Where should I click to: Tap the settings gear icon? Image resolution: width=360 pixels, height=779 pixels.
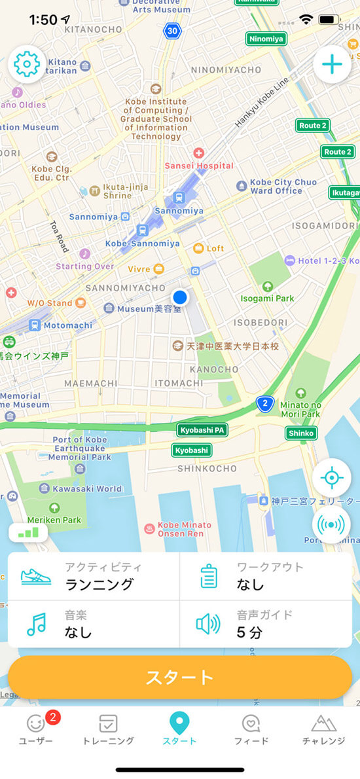tap(26, 65)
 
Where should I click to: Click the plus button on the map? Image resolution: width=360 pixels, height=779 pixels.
tap(332, 65)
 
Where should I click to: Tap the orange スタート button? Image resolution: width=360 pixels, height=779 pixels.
tap(180, 677)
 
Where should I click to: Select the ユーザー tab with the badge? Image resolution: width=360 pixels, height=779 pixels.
tap(36, 729)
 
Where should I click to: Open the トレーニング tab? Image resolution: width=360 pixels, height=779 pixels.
tap(108, 729)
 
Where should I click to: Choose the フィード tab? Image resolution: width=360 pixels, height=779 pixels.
tap(251, 729)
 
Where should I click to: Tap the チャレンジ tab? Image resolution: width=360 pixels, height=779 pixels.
tap(323, 729)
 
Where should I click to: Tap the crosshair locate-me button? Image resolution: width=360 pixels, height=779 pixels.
tap(332, 478)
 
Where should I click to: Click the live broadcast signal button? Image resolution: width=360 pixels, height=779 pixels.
tap(332, 524)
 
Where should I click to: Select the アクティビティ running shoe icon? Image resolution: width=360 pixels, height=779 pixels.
tap(37, 576)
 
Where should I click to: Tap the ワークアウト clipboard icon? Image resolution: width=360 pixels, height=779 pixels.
tap(209, 577)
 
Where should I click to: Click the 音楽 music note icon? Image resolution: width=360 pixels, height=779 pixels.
tap(37, 625)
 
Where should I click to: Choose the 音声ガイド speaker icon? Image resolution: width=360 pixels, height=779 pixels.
tap(208, 625)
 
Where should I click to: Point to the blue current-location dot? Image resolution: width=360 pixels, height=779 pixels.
tap(180, 297)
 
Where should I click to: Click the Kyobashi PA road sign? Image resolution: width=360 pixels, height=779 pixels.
tap(202, 430)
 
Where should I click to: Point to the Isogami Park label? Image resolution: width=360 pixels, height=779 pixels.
tap(267, 298)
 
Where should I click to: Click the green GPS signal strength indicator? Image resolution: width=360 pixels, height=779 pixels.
tap(28, 534)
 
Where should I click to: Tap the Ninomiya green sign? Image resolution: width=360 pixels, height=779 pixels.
tap(266, 39)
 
